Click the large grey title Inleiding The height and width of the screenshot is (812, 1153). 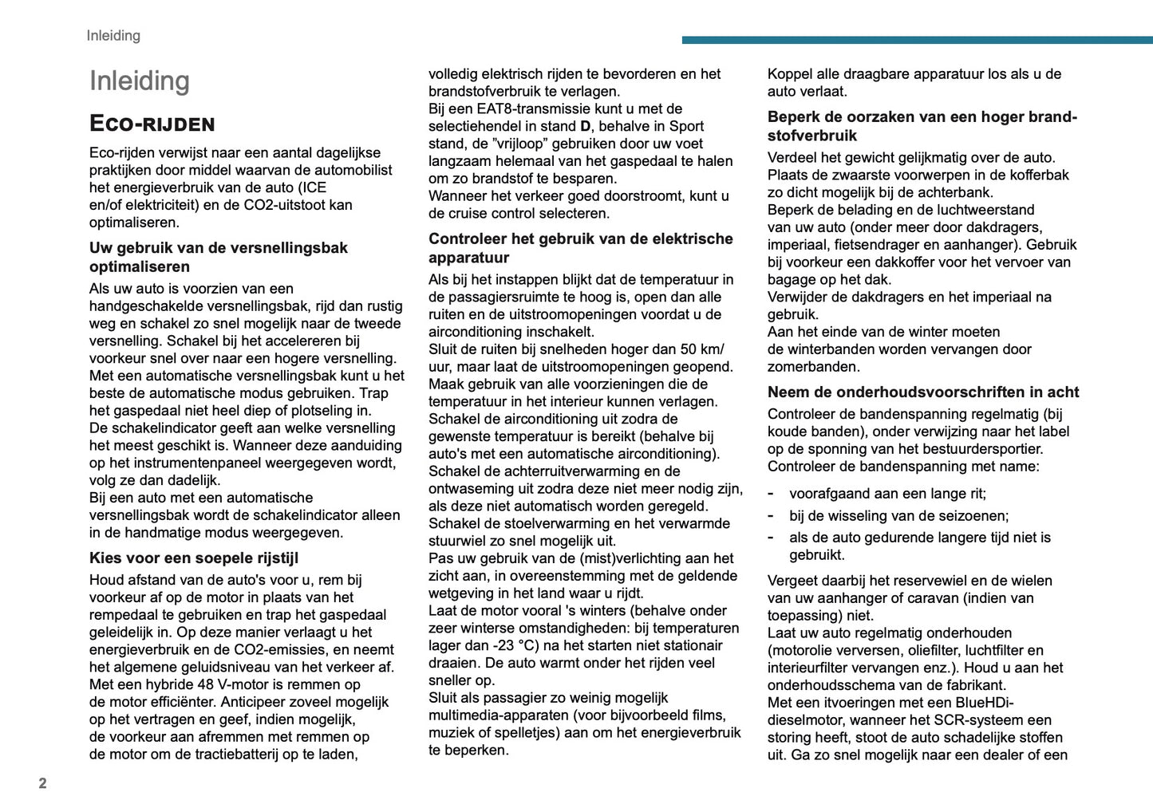(140, 81)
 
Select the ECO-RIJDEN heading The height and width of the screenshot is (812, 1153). (152, 124)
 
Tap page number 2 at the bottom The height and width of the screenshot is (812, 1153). (43, 783)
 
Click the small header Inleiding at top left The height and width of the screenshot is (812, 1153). (113, 35)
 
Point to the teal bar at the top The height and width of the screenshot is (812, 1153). (917, 39)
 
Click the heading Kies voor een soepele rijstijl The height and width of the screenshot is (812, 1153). (194, 558)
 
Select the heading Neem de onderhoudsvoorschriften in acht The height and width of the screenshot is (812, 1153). (922, 392)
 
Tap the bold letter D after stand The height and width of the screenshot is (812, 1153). (585, 126)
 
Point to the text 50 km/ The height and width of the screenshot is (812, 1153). (702, 349)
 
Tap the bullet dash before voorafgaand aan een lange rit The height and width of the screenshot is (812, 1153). (771, 493)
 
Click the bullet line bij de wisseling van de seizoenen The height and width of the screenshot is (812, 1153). (898, 515)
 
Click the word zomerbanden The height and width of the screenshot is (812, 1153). (813, 367)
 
